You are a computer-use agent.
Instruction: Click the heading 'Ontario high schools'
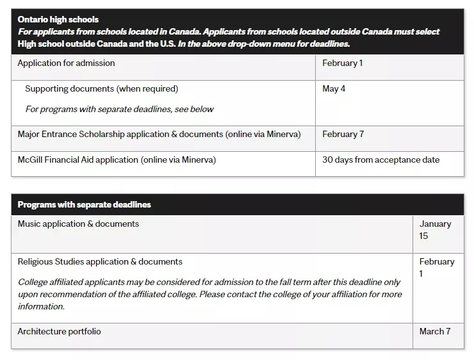tap(58, 20)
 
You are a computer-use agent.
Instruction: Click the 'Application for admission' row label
tap(66, 63)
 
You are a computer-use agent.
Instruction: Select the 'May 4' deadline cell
tap(334, 88)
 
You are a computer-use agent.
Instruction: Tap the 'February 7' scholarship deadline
tap(343, 134)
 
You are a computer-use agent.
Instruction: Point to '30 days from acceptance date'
tap(380, 160)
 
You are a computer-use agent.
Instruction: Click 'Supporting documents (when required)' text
tap(101, 88)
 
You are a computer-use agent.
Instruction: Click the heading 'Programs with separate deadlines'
tap(84, 204)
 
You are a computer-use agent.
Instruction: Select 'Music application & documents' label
tap(78, 224)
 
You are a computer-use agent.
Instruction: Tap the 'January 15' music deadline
tap(435, 229)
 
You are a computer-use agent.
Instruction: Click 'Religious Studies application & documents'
tap(100, 261)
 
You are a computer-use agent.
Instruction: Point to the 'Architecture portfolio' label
tap(59, 331)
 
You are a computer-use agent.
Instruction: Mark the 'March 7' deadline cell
tap(435, 331)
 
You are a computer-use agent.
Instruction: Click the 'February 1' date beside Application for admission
tap(343, 63)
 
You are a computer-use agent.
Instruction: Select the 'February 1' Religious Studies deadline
tap(436, 267)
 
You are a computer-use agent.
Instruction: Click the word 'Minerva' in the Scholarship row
tap(281, 134)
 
